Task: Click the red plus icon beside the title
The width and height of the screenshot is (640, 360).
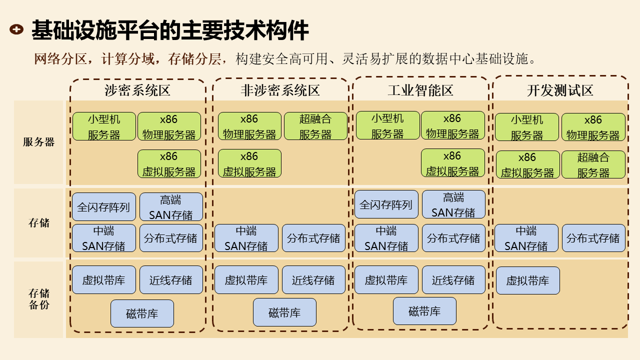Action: tap(16, 30)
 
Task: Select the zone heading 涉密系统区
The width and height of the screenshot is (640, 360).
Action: tap(137, 90)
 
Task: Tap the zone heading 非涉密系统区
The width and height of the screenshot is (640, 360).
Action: tap(280, 90)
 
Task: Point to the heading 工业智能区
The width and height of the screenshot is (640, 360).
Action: tap(420, 90)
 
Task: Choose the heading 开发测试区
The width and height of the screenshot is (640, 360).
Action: tap(560, 90)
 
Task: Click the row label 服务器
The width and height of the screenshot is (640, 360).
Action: tap(38, 142)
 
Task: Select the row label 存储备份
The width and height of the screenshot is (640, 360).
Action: tap(38, 298)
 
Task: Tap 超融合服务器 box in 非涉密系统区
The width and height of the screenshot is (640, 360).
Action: tap(315, 126)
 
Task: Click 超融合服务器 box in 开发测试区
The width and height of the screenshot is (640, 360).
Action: tap(593, 164)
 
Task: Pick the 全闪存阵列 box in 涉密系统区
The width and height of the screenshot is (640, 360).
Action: tap(104, 207)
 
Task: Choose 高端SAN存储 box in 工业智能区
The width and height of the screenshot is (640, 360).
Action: tap(453, 204)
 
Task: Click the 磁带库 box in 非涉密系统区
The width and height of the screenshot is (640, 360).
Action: tap(284, 312)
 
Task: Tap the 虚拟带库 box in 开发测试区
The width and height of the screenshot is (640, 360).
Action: tap(527, 280)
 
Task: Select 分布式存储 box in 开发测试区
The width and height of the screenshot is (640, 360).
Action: tap(593, 238)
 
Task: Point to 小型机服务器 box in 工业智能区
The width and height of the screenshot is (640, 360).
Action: tap(387, 125)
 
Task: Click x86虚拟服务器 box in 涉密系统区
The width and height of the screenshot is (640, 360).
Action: tap(169, 163)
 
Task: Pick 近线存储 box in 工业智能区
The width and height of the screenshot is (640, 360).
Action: tap(453, 280)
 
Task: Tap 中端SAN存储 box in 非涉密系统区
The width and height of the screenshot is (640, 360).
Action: tap(246, 238)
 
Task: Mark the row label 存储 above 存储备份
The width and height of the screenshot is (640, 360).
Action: tap(38, 223)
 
